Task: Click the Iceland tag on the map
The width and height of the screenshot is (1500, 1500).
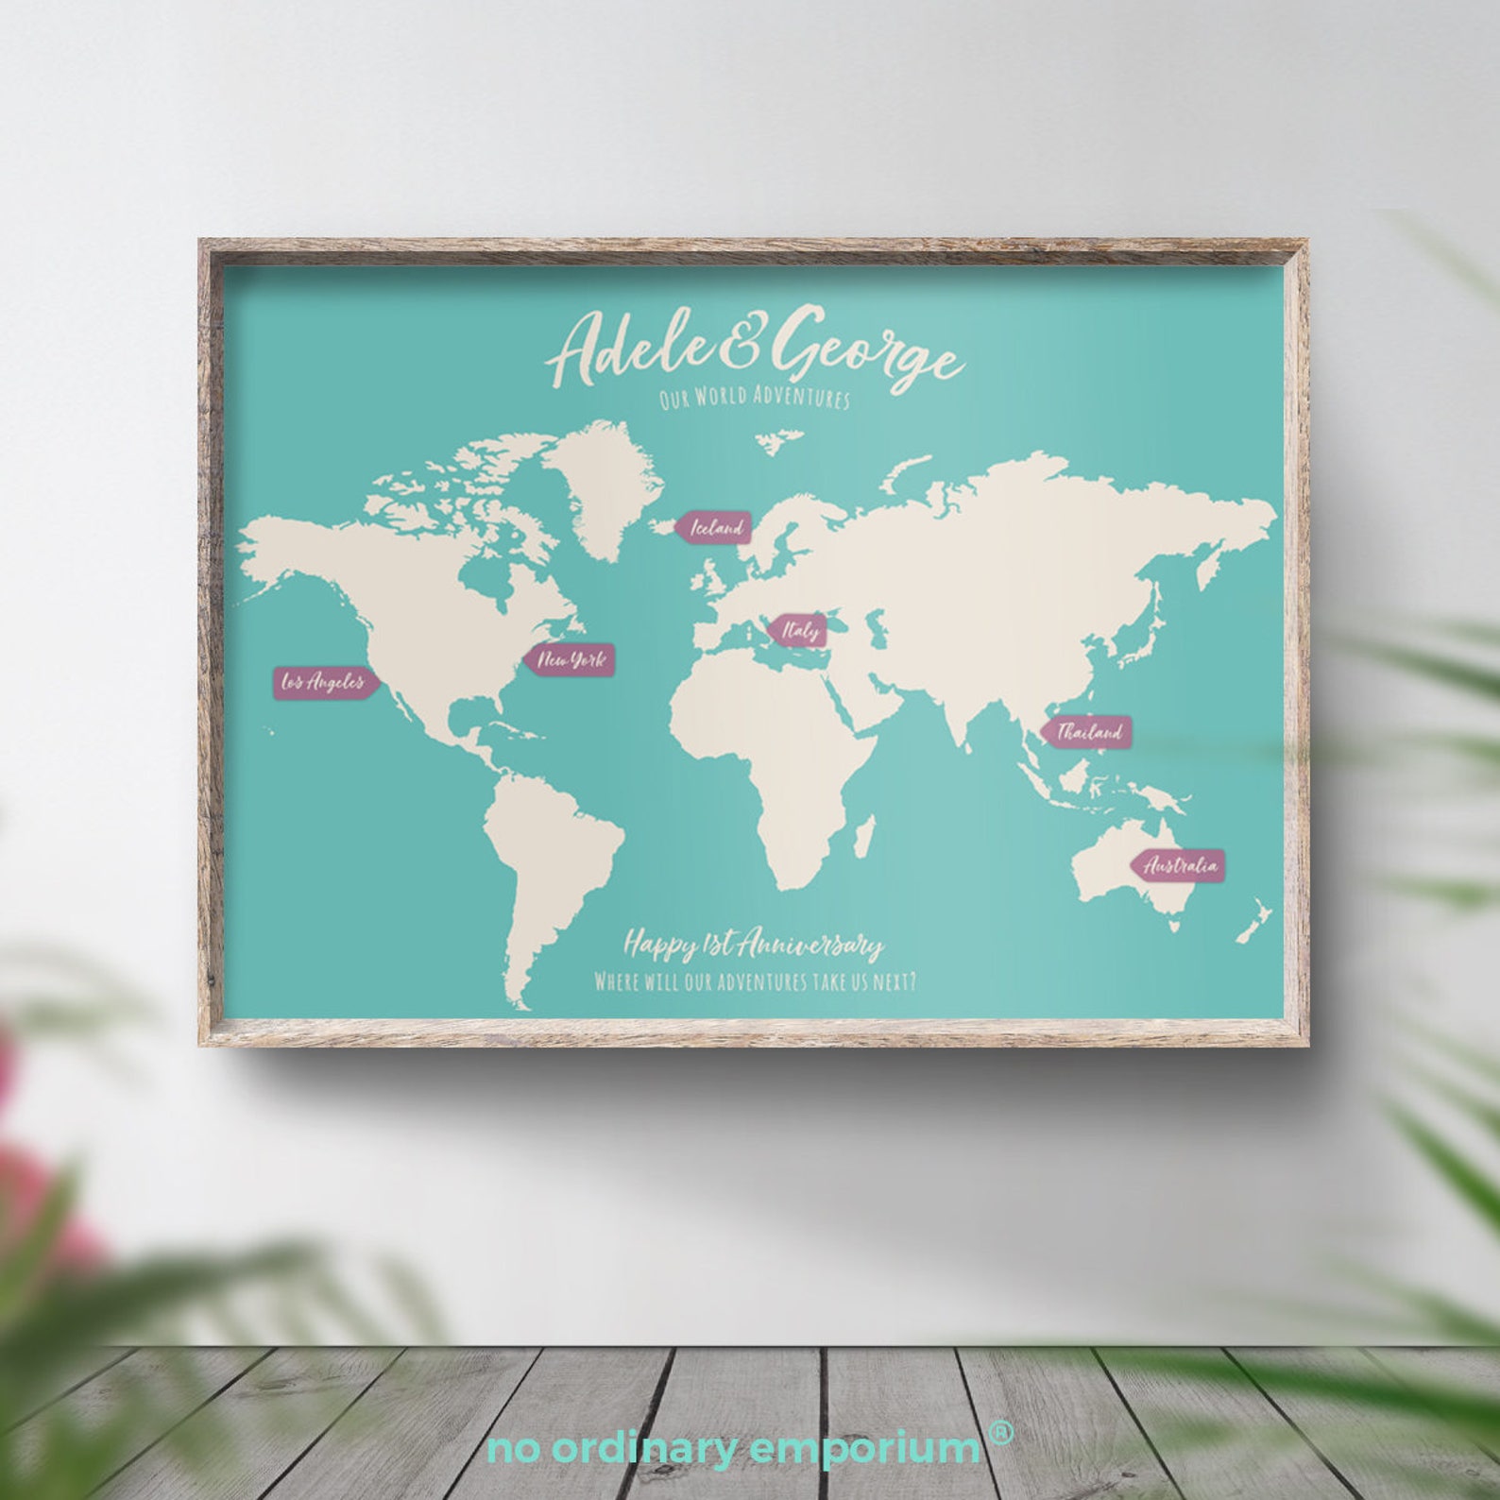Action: pos(717,527)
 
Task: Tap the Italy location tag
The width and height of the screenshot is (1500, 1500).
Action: pos(798,630)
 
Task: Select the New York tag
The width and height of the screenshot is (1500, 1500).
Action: pos(570,660)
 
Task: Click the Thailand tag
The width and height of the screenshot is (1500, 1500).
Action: pos(1088,732)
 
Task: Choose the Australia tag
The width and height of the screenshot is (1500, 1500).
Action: pos(1180,865)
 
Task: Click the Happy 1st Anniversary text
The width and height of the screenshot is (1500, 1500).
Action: pos(753,945)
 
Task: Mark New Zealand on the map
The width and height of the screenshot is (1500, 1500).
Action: pos(1255,921)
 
